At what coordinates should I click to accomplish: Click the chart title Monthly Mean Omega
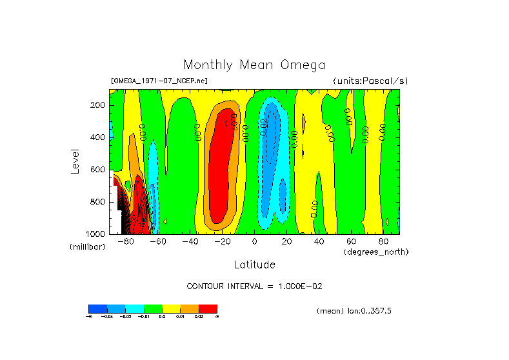coord(254,65)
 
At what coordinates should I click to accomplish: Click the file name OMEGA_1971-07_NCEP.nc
coord(159,81)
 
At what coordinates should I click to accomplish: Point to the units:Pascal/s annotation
coord(370,81)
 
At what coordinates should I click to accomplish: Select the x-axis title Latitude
coord(254,265)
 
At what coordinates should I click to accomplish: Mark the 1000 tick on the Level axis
coord(96,234)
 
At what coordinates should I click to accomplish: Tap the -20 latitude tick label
coord(221,242)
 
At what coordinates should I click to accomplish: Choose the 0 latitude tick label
coord(254,242)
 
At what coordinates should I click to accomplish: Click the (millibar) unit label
coord(87,247)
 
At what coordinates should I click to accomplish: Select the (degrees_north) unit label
coord(376,252)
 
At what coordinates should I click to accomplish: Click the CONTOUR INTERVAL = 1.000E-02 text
coord(254,286)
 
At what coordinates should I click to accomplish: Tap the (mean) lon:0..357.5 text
coord(354,311)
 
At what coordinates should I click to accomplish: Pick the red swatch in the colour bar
coord(208,308)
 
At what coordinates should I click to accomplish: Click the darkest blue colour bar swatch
coord(97,308)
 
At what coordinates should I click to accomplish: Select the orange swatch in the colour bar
coord(190,308)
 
